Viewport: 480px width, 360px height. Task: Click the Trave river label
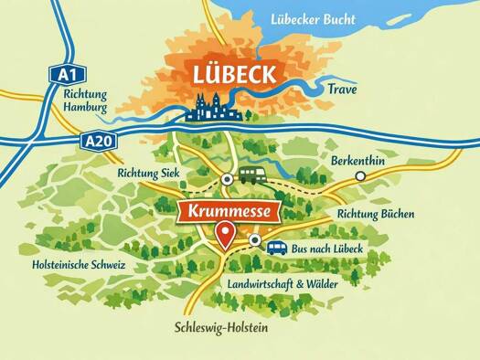point(341,90)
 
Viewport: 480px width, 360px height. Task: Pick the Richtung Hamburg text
point(86,100)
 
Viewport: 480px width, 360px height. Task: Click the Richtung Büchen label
point(376,215)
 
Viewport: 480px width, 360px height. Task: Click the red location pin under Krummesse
point(224,240)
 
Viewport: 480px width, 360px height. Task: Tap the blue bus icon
point(275,248)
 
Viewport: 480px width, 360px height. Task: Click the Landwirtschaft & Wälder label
point(282,284)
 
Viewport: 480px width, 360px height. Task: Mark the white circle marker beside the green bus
point(227,179)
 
